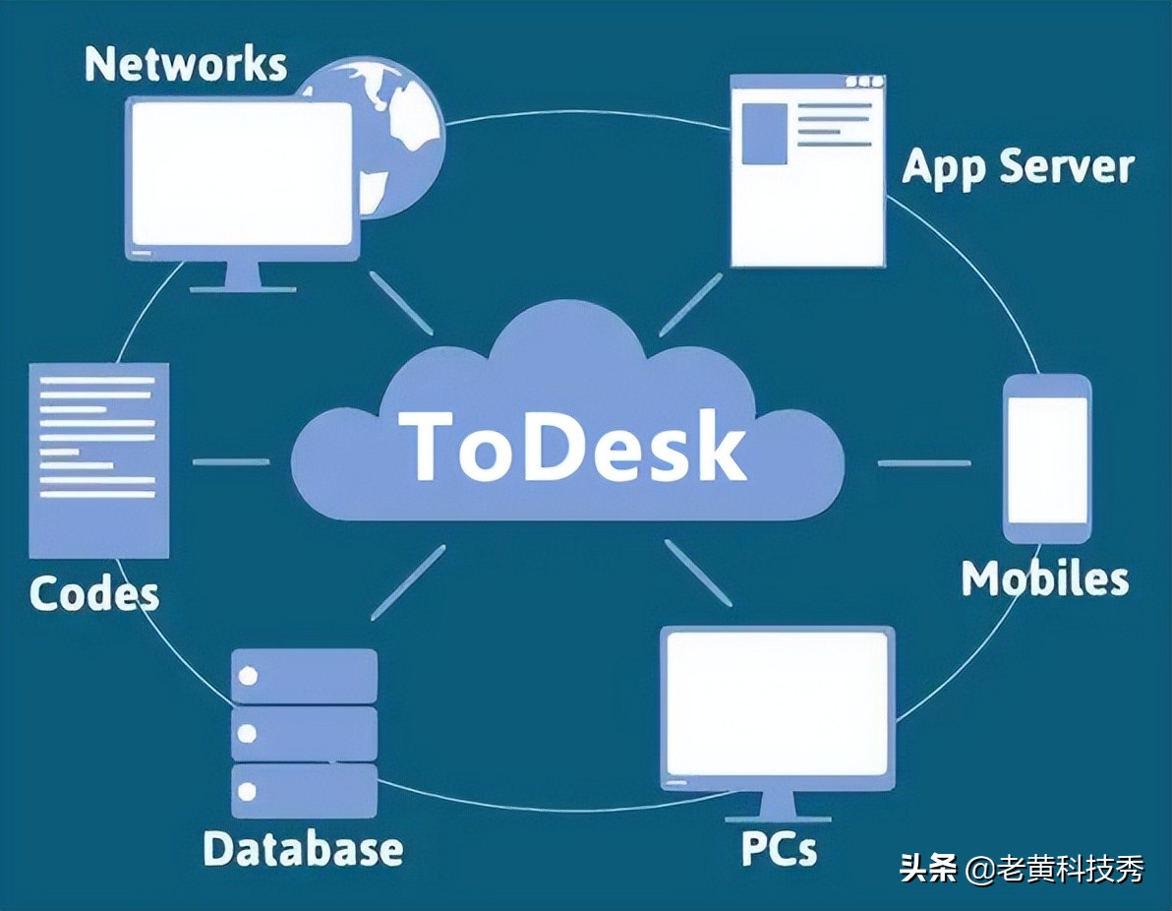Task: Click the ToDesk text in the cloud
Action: coord(574,447)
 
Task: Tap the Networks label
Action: coord(186,64)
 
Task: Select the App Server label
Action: coord(1018,167)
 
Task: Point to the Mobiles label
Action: coord(1044,578)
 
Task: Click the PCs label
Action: coord(779,848)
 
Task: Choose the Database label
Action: coord(303,848)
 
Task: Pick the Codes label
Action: coord(94,593)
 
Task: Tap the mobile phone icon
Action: coord(1046,458)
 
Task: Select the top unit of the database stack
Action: coord(304,676)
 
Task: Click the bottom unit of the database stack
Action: coord(304,790)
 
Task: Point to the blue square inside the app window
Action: coord(763,134)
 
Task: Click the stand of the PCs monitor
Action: coord(778,805)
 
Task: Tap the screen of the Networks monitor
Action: coord(242,173)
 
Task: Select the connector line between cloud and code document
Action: coord(230,461)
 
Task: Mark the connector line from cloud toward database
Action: coord(407,582)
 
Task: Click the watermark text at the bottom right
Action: coord(1022,870)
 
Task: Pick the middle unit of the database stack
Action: coord(304,733)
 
